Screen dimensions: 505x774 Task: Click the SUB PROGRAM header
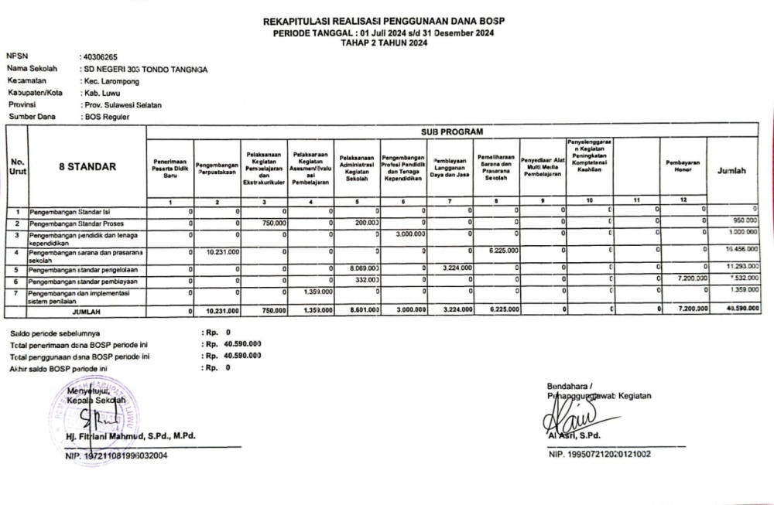[x=453, y=131]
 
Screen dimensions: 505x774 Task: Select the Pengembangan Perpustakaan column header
[x=217, y=167]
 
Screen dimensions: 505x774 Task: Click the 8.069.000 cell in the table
[x=361, y=269]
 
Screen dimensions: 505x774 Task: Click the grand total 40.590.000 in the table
[x=741, y=309]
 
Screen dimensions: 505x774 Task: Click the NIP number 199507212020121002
[x=599, y=454]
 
